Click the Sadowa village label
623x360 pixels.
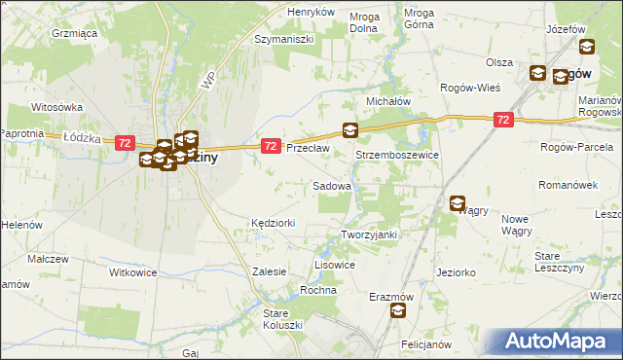coord(331,185)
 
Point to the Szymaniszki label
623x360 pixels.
coord(281,40)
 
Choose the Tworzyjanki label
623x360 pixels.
coord(370,234)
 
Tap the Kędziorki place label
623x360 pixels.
coord(273,223)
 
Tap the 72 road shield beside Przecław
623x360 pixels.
coord(272,146)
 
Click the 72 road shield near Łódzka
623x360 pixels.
coord(124,143)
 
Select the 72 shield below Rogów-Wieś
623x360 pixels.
coord(502,120)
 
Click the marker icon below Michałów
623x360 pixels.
coord(350,129)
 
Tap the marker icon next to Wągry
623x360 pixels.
coord(458,203)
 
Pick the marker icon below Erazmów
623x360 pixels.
coord(398,310)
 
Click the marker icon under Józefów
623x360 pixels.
coord(586,46)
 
